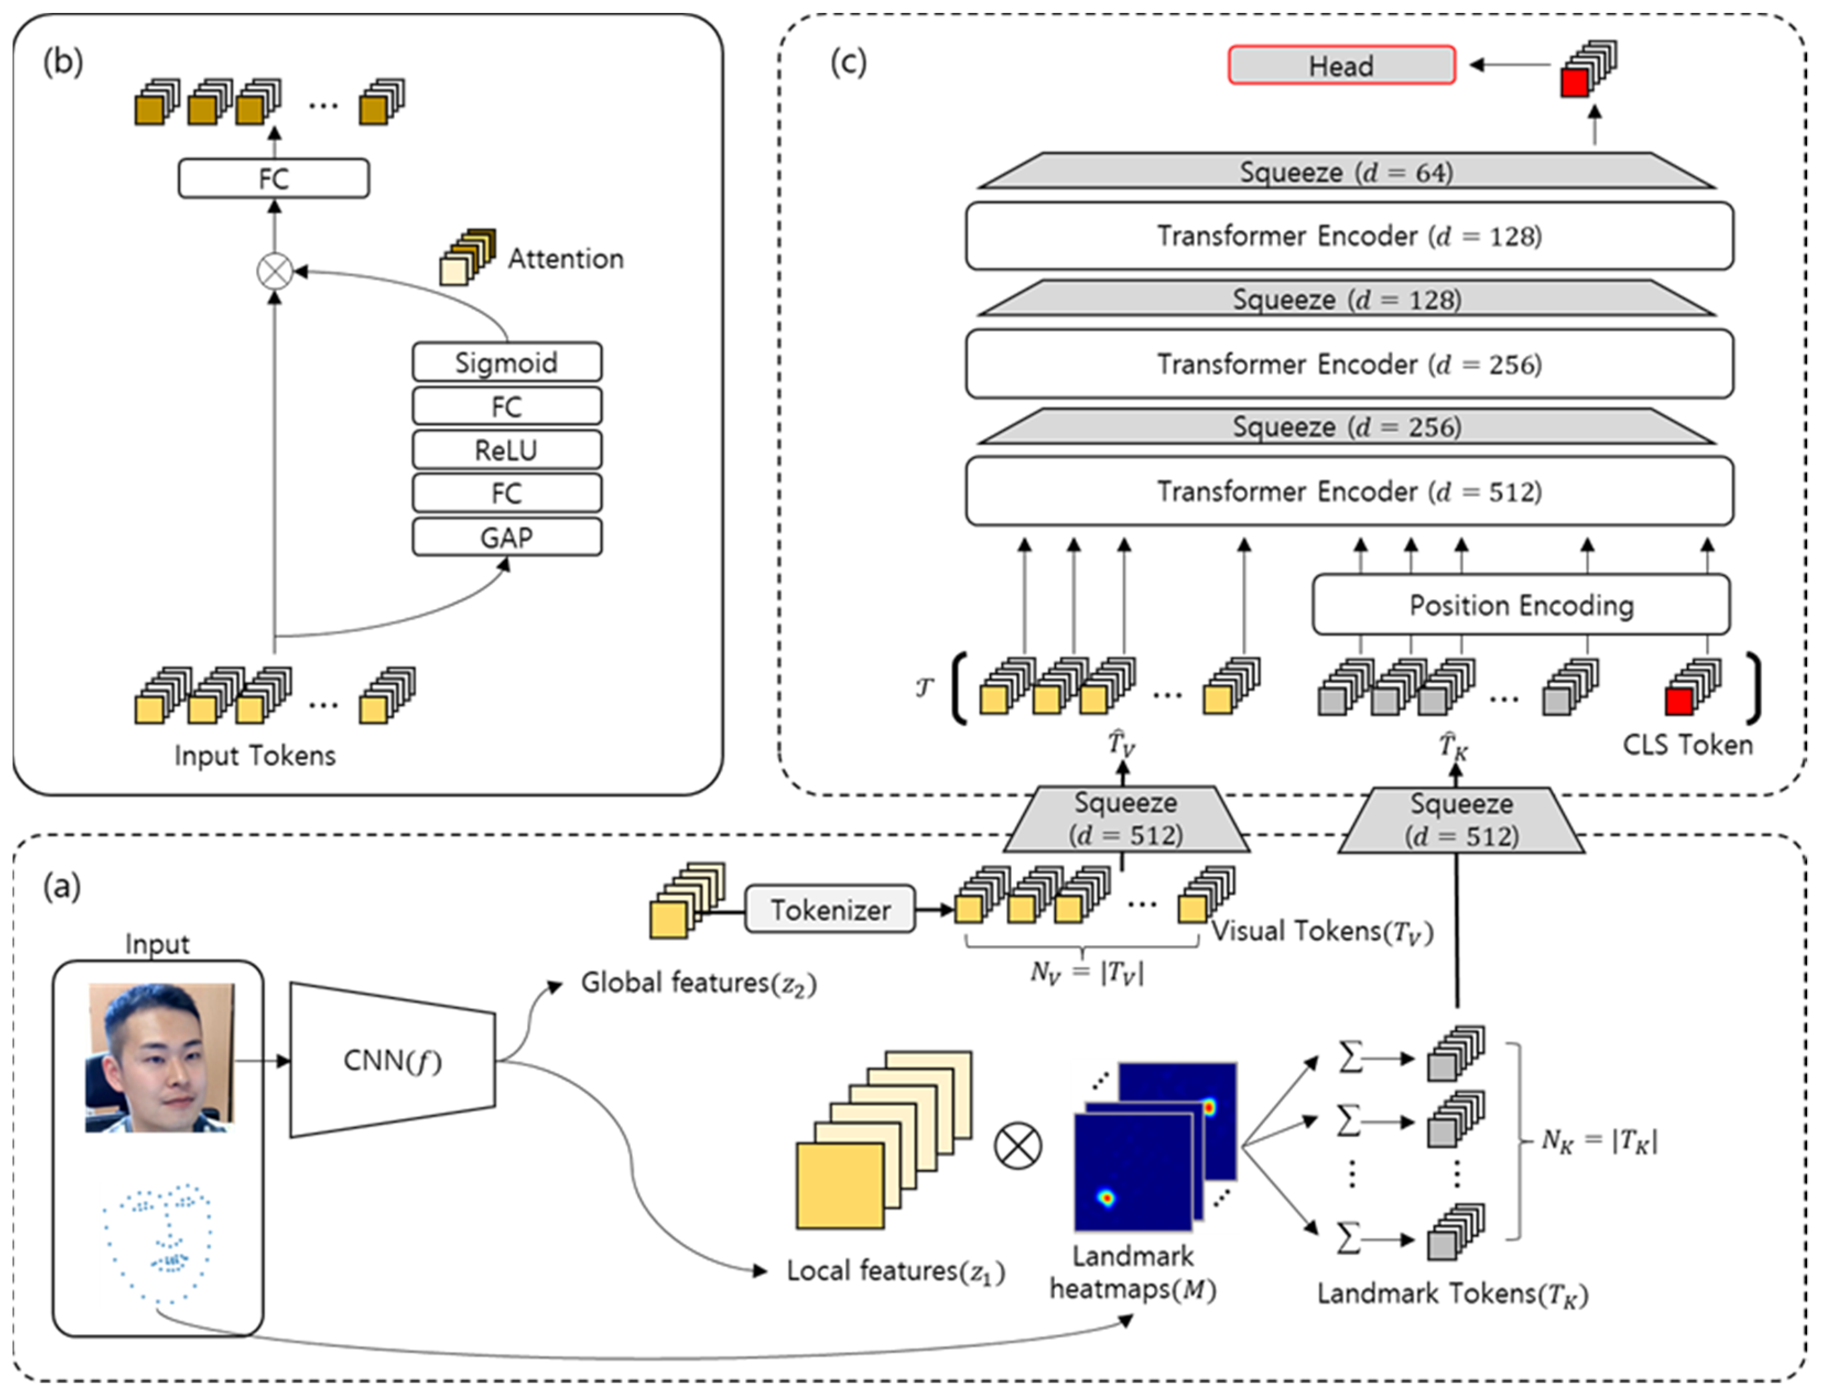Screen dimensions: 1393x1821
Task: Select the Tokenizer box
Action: [x=830, y=909]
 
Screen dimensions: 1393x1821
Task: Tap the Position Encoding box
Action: [x=1521, y=605]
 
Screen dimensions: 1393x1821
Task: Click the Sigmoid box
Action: [x=507, y=362]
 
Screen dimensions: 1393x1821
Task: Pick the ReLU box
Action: [x=507, y=450]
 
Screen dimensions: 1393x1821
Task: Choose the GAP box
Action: [x=507, y=537]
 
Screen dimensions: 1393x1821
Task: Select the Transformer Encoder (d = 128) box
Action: [x=1349, y=236]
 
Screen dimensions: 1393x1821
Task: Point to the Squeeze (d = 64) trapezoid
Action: [x=1346, y=172]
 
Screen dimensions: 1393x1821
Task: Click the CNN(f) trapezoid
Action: [x=392, y=1060]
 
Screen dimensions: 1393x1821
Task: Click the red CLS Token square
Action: [x=1678, y=702]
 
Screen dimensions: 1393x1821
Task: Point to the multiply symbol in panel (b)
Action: [x=274, y=271]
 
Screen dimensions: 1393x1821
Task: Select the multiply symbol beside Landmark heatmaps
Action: [x=1017, y=1146]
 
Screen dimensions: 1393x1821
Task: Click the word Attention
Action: [x=566, y=259]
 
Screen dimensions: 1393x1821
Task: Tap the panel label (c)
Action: [x=848, y=62]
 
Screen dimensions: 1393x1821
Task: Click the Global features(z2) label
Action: [x=698, y=983]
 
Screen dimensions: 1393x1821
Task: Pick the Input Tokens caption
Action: [x=254, y=755]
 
